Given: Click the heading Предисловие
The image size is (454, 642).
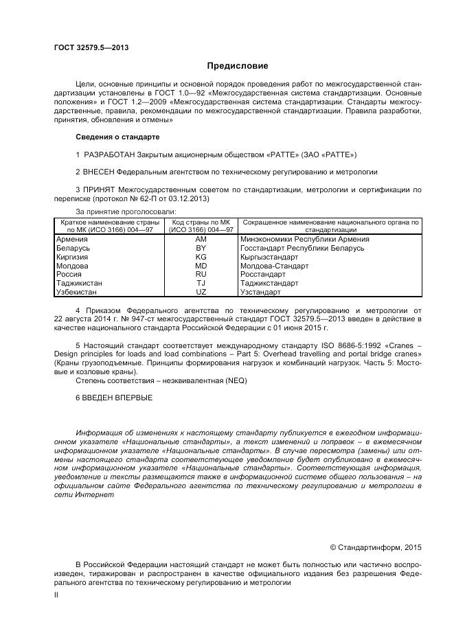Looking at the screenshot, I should point(238,66).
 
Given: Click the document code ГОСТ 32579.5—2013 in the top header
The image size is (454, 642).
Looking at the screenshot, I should point(91,47).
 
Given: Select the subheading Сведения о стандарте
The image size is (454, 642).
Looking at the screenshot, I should point(117,137).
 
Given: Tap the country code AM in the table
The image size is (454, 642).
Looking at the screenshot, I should point(201,239).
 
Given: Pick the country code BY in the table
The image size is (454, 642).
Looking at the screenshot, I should point(201,248).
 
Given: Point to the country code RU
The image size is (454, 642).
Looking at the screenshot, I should point(201,274).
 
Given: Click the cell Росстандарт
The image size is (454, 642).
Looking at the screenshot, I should point(264,274).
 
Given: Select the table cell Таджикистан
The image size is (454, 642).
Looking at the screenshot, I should point(80,283).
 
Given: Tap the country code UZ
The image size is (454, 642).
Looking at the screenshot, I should point(201,292).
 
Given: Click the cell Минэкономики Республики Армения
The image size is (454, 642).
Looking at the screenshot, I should point(305,239).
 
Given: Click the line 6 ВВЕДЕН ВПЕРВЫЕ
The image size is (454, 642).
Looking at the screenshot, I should point(114,398).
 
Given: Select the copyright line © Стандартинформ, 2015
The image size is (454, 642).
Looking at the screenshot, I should point(376,547).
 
